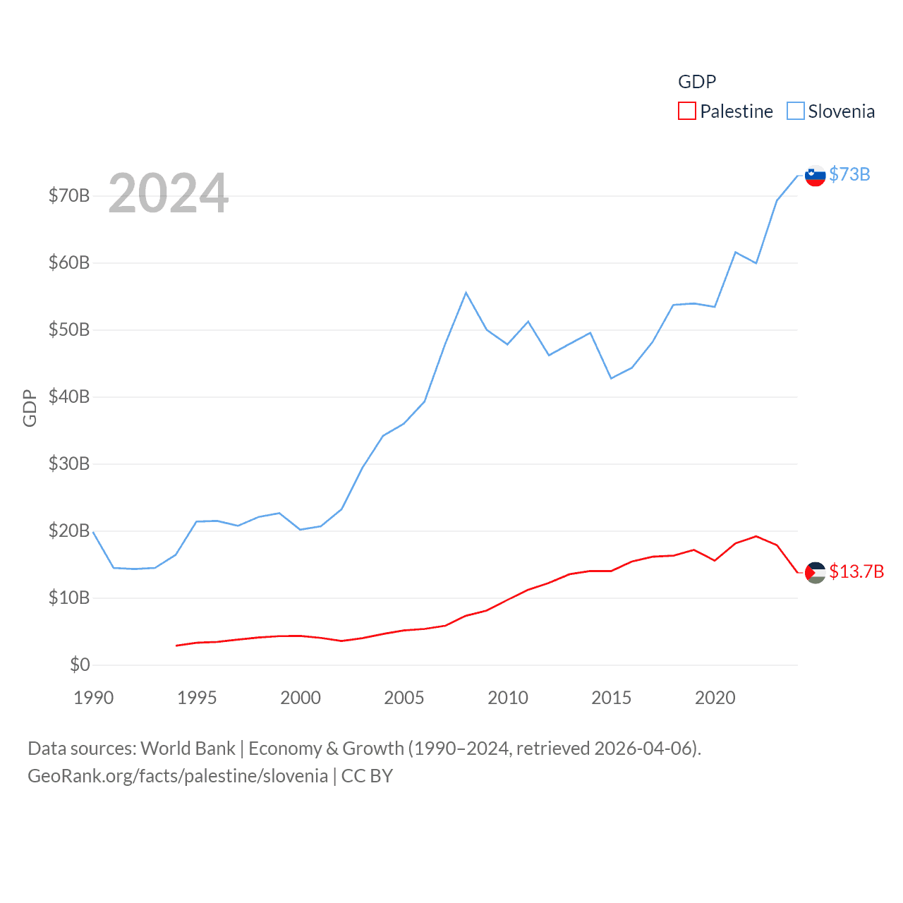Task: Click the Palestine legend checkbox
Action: [686, 111]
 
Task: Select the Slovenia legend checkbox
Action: [795, 111]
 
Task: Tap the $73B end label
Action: [849, 174]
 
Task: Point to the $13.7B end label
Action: [856, 571]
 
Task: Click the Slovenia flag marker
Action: [816, 176]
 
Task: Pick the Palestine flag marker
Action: [816, 573]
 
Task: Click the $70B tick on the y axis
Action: [69, 195]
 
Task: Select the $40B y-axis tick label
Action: [69, 396]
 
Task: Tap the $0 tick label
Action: [80, 665]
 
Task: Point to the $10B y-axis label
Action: [69, 598]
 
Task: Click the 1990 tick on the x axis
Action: [93, 698]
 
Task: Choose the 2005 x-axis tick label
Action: [404, 698]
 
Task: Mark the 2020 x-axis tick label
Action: [715, 698]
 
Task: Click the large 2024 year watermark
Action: [169, 193]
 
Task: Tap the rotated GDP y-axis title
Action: [30, 408]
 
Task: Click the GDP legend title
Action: [697, 82]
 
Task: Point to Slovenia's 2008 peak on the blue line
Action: [466, 293]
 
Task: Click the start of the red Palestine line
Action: [176, 646]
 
